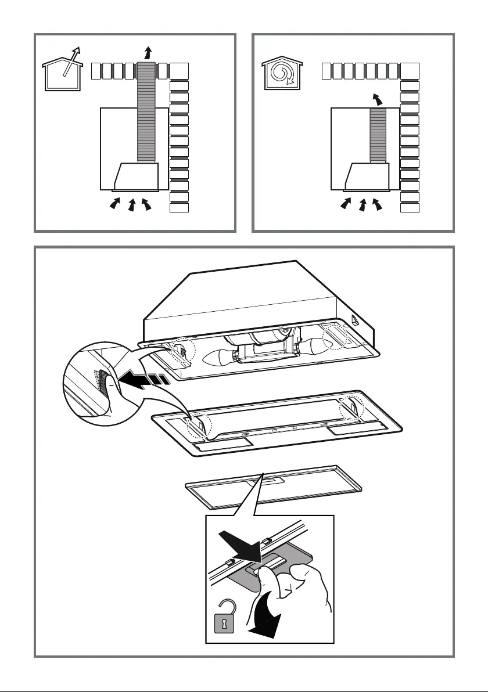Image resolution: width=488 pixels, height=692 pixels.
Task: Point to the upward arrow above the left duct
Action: pyautogui.click(x=146, y=53)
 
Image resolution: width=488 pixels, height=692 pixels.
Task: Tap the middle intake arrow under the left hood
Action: pyautogui.click(x=131, y=204)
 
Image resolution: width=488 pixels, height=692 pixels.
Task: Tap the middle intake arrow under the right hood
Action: pyautogui.click(x=363, y=204)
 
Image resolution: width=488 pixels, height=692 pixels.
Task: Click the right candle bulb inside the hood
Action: pyautogui.click(x=318, y=346)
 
